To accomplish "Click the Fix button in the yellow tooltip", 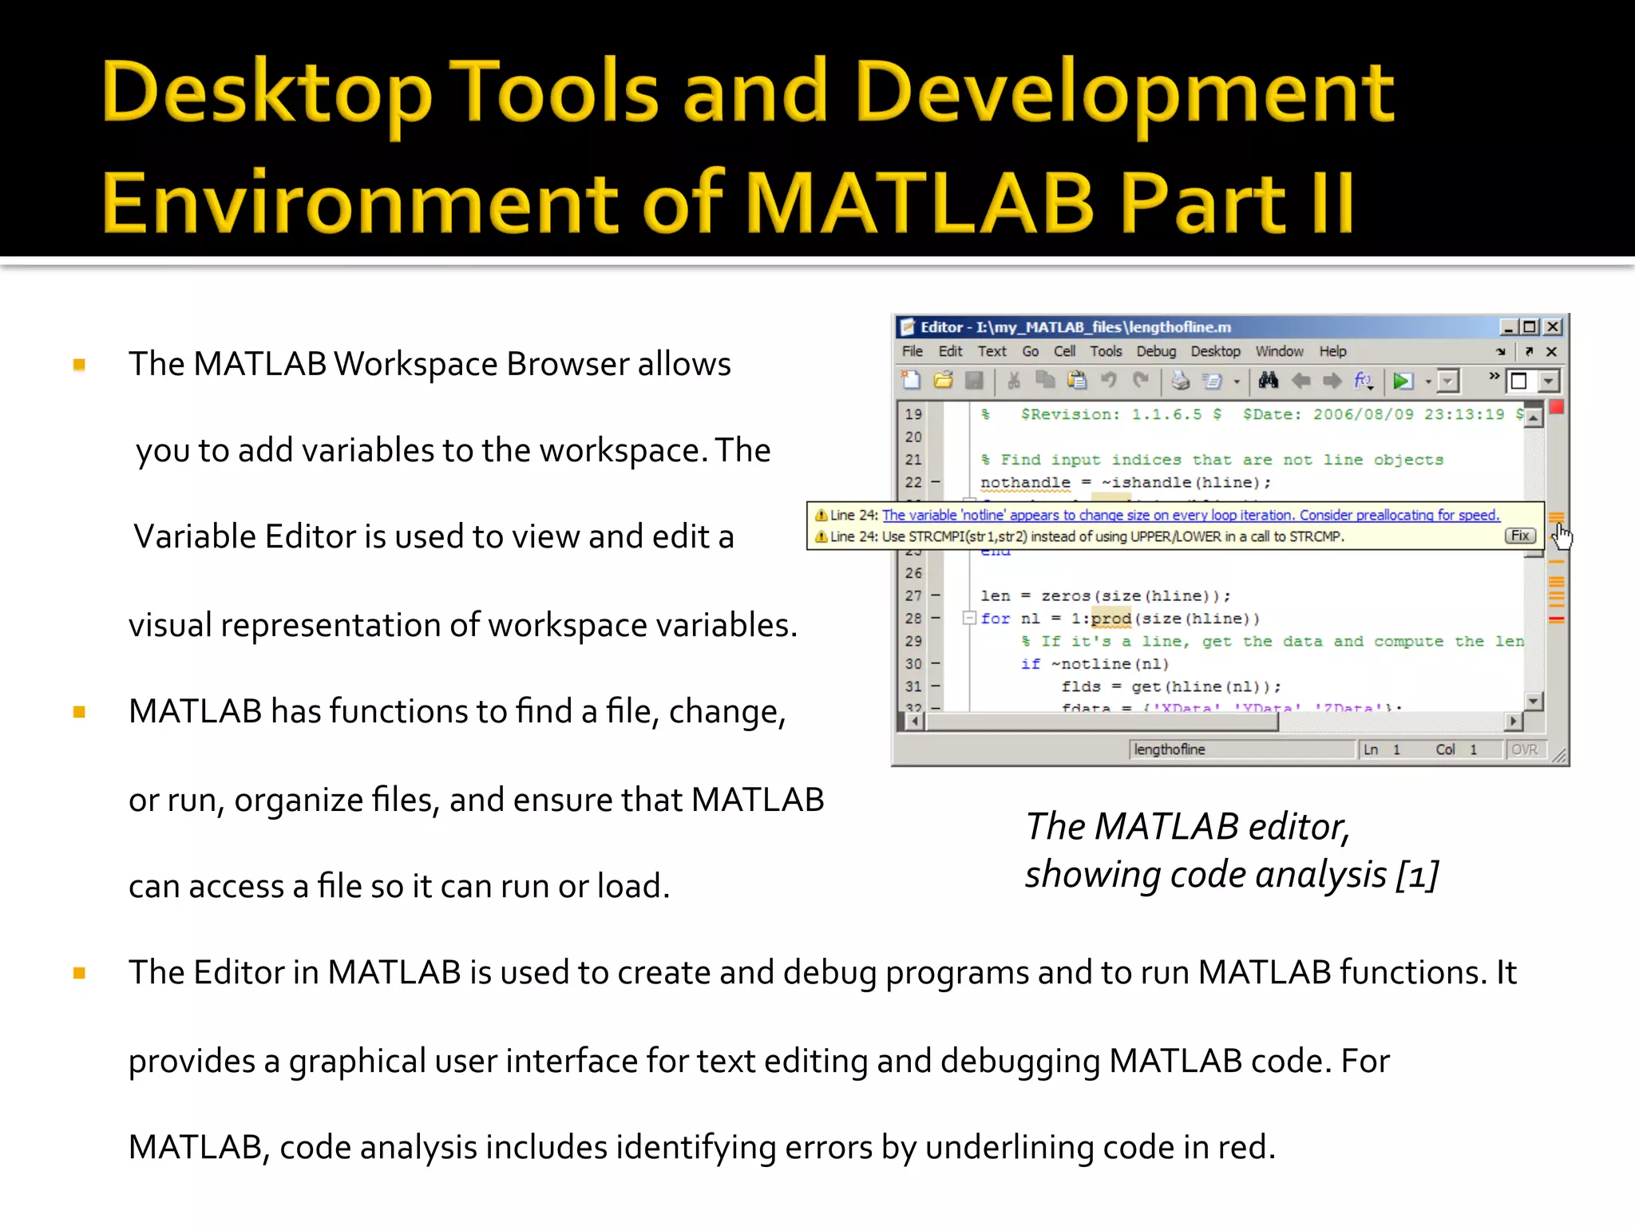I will tap(1520, 536).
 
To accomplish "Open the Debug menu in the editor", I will tap(1156, 351).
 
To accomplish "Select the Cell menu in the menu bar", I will tap(1064, 351).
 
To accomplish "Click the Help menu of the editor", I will tap(1332, 351).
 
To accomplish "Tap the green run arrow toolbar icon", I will tap(1402, 382).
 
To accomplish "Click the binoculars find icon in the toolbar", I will tap(1268, 381).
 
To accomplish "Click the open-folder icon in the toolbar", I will tap(943, 381).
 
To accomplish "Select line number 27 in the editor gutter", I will tap(913, 595).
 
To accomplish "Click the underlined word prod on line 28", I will tap(1111, 619).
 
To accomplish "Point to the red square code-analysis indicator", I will tap(1557, 408).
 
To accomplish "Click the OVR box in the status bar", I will tap(1524, 749).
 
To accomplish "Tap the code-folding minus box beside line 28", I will tap(969, 618).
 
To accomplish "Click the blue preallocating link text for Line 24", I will tap(1190, 515).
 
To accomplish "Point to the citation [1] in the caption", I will tap(1417, 875).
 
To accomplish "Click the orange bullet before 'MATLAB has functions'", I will tap(79, 711).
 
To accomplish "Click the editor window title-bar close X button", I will tap(1553, 326).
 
